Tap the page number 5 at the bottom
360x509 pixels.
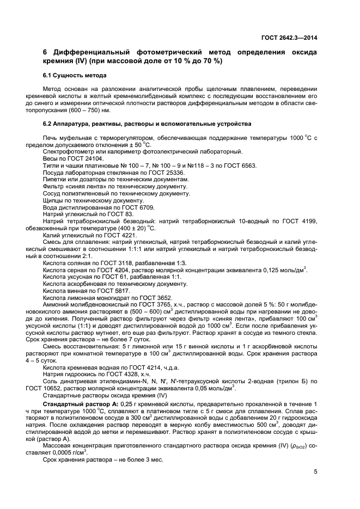click(x=315, y=471)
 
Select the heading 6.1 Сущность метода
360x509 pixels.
click(x=74, y=75)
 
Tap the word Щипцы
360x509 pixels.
click(x=53, y=200)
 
